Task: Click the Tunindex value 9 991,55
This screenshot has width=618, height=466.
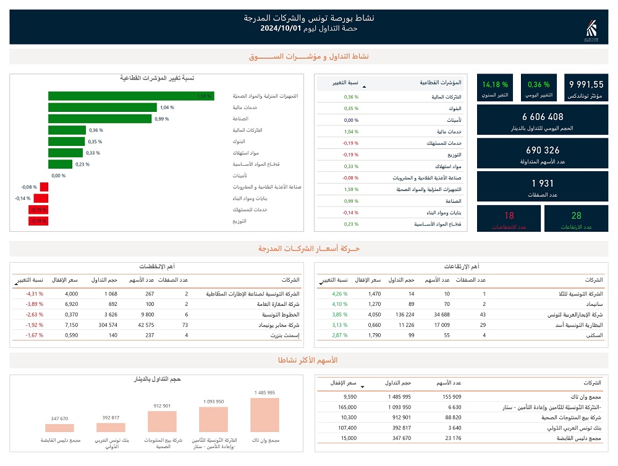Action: tap(586, 85)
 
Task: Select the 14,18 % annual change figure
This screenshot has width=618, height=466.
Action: tap(495, 85)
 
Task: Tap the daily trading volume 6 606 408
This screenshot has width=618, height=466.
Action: tap(543, 117)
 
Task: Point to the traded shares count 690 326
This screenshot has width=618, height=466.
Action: tap(543, 150)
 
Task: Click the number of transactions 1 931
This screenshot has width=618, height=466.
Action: tap(543, 184)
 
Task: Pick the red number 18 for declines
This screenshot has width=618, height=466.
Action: tap(509, 216)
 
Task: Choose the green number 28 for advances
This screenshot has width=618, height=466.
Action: tap(577, 216)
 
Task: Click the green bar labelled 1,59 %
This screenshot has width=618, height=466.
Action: tap(131, 96)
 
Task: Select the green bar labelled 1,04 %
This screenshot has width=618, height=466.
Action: tap(102, 108)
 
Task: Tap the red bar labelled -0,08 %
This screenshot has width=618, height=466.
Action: tap(44, 187)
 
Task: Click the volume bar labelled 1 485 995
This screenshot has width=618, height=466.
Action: tap(265, 414)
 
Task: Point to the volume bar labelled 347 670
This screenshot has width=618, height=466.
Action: tap(59, 428)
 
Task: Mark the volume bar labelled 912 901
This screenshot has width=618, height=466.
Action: tap(162, 421)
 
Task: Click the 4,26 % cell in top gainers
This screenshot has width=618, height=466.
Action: tap(340, 294)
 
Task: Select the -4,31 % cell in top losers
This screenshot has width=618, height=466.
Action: tap(34, 294)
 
